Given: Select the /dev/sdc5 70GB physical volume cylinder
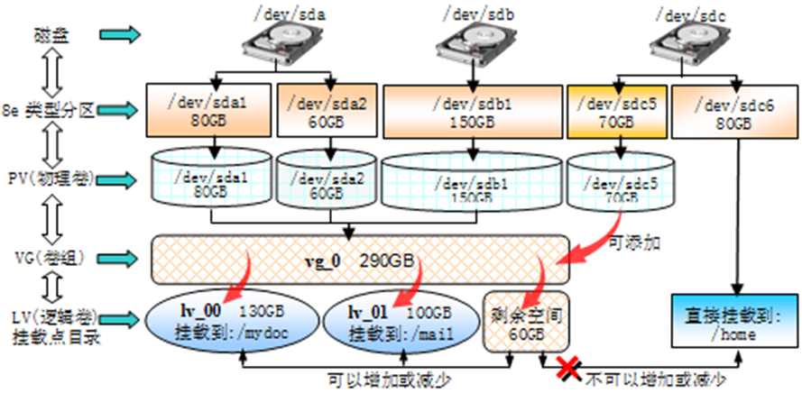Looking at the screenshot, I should tap(619, 184).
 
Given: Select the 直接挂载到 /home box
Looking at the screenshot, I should tap(735, 322).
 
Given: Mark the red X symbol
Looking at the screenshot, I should tap(568, 366).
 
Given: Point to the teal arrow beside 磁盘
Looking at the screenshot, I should tap(119, 34).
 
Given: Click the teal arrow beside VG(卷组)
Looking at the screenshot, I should tap(119, 259).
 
